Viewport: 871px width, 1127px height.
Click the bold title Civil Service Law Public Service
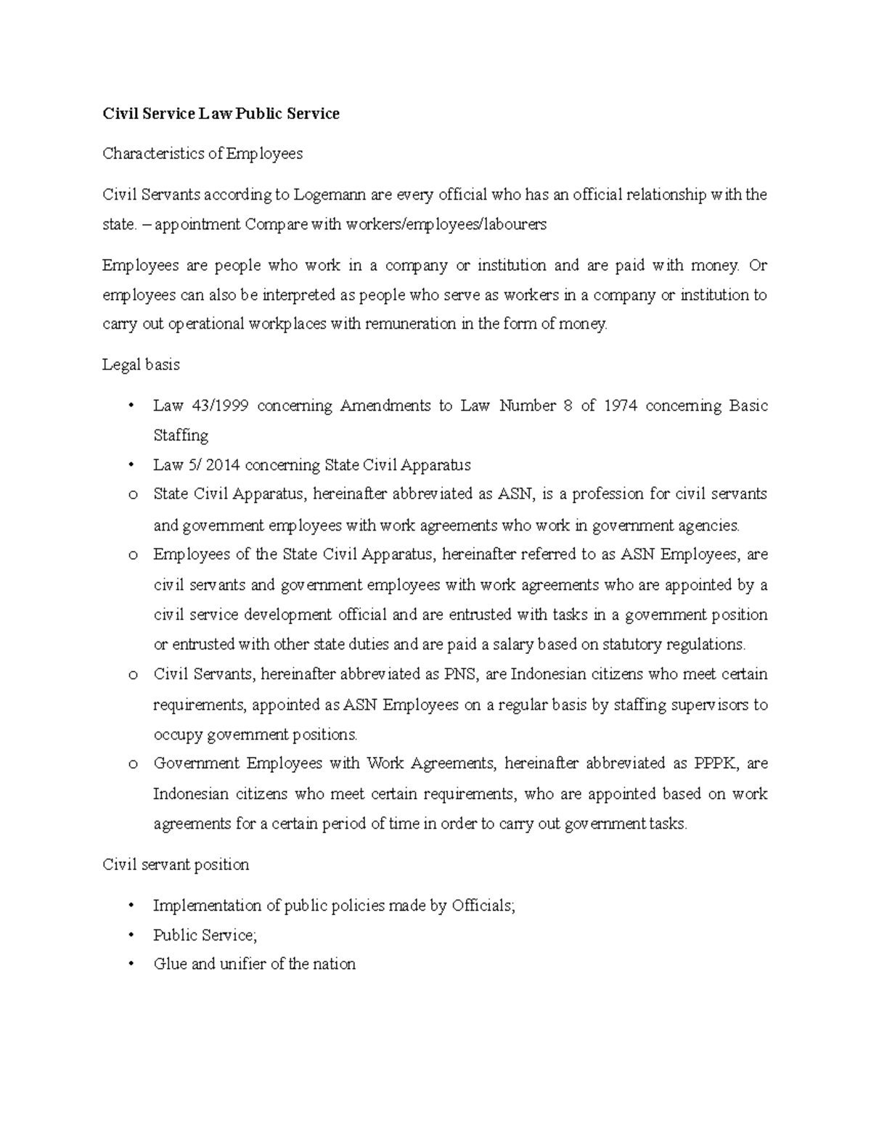point(221,113)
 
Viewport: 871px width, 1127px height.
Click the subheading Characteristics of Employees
point(203,154)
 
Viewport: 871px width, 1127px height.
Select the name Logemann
point(330,194)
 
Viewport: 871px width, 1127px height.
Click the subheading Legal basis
point(141,365)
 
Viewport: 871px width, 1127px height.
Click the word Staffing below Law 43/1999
point(181,435)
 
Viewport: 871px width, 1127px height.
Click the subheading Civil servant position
point(176,865)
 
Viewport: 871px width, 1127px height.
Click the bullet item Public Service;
point(205,935)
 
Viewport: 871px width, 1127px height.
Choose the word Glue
point(171,964)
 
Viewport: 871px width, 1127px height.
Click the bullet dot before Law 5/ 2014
point(131,465)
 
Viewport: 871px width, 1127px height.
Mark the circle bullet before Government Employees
point(132,764)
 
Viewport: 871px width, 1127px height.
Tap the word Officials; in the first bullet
point(483,906)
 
